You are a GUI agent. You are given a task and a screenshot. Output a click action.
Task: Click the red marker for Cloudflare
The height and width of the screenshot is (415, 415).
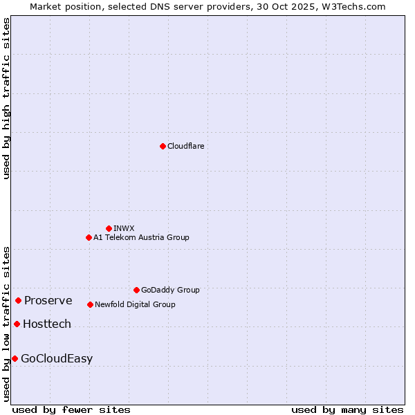(x=163, y=146)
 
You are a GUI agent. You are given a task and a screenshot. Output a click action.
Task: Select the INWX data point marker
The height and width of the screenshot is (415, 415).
(x=109, y=228)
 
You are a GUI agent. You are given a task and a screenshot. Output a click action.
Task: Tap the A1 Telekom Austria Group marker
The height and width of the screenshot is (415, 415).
(x=89, y=237)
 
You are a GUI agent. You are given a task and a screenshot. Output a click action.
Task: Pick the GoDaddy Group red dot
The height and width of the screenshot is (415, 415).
(x=136, y=290)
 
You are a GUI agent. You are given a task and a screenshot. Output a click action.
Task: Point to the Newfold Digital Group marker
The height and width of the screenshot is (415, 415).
(x=91, y=304)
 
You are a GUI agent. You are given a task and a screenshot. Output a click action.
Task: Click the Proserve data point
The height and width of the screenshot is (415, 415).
(x=19, y=300)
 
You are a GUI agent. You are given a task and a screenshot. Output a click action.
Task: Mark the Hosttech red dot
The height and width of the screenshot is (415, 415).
(x=17, y=324)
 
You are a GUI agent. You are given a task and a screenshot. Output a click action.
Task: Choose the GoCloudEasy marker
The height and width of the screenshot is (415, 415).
(x=15, y=358)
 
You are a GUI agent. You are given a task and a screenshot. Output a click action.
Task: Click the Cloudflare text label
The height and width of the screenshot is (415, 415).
(x=186, y=146)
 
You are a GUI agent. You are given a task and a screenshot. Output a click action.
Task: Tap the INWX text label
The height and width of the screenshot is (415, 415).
(x=124, y=228)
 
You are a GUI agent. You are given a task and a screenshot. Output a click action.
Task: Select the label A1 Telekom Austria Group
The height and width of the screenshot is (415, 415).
(x=141, y=237)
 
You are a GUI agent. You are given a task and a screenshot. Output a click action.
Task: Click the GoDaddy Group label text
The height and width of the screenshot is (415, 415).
(x=170, y=290)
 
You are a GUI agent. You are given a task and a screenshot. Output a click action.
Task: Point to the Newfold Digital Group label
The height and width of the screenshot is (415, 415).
(x=135, y=304)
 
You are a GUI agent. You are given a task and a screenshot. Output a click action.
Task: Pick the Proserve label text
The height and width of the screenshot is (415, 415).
(x=48, y=300)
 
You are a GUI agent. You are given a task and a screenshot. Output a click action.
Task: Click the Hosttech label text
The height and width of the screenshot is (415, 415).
(x=47, y=324)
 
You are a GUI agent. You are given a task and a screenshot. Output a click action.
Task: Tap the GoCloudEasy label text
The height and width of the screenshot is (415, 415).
(x=57, y=358)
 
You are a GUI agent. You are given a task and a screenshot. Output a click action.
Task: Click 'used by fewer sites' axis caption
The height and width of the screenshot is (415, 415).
(x=71, y=409)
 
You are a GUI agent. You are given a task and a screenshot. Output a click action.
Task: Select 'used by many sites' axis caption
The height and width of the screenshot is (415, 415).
(x=347, y=409)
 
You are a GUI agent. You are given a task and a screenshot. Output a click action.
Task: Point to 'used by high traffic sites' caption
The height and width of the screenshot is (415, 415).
(x=6, y=98)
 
